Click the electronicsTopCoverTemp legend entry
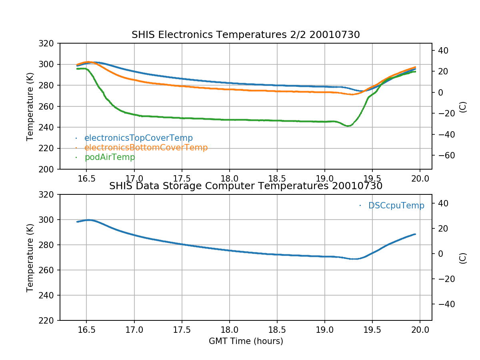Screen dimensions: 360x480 [138, 138]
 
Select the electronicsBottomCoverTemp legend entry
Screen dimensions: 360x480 [146, 148]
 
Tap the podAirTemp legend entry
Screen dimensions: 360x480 [110, 157]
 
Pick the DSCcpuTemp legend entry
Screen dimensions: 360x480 [396, 206]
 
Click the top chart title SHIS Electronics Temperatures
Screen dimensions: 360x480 [246, 35]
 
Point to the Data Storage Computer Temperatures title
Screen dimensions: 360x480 [246, 186]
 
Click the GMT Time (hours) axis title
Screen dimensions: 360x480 [246, 341]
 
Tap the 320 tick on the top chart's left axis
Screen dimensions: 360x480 [49, 43]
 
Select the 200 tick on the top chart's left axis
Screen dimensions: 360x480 [49, 169]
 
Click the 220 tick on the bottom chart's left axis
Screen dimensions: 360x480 [49, 320]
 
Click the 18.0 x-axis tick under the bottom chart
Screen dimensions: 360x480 [230, 330]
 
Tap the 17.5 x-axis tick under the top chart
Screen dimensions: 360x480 [182, 179]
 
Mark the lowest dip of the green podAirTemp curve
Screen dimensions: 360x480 [348, 126]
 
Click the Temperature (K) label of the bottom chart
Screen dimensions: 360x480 [30, 258]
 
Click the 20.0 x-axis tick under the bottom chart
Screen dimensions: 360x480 [420, 330]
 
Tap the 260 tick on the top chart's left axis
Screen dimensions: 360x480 [49, 106]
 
